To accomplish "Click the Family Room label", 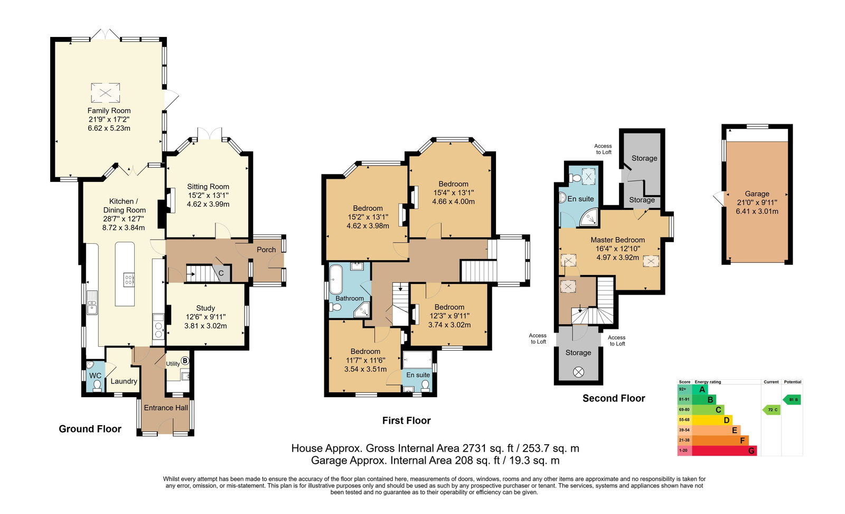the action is pyautogui.click(x=109, y=111).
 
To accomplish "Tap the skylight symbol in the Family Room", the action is pyautogui.click(x=106, y=93).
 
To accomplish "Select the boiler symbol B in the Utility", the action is pyautogui.click(x=185, y=361).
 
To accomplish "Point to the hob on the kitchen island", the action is pyautogui.click(x=129, y=279).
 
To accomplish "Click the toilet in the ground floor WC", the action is pyautogui.click(x=97, y=385).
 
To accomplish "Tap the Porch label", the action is pyautogui.click(x=266, y=250).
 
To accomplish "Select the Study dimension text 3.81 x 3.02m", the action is pyautogui.click(x=205, y=326).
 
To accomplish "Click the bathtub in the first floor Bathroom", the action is pyautogui.click(x=336, y=279).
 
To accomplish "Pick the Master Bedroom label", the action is pyautogui.click(x=617, y=240).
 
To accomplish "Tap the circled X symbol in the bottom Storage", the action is pyautogui.click(x=578, y=372).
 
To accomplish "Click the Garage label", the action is pyautogui.click(x=757, y=194).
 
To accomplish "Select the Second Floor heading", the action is pyautogui.click(x=614, y=398).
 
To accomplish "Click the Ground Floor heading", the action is pyautogui.click(x=90, y=429).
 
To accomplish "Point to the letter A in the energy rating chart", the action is pyautogui.click(x=702, y=389).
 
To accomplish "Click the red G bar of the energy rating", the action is pyautogui.click(x=724, y=451).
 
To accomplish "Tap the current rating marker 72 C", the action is pyautogui.click(x=772, y=410).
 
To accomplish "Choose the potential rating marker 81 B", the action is pyautogui.click(x=792, y=400).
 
